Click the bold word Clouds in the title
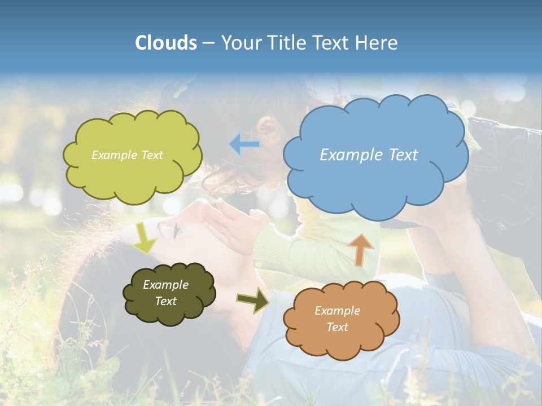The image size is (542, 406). point(166,43)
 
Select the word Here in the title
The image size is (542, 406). point(376,43)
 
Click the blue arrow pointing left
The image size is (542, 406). point(244,144)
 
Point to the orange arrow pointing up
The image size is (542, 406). point(361,249)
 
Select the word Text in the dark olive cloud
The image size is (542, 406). point(165,301)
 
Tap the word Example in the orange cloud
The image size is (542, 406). point(337,311)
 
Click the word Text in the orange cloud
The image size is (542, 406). point(337,327)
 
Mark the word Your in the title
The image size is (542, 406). point(241,43)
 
